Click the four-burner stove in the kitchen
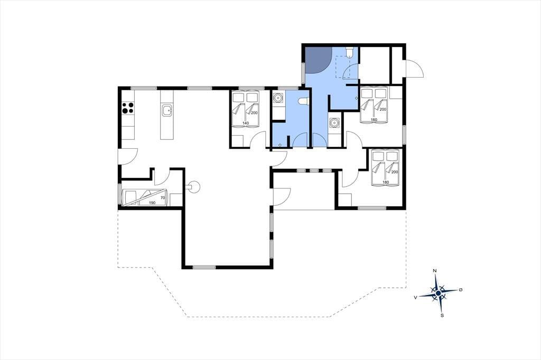(x=128, y=108)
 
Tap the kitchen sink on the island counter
(x=166, y=111)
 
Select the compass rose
(x=438, y=293)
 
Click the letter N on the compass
(x=435, y=271)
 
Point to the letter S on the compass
(x=442, y=315)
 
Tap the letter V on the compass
(x=416, y=297)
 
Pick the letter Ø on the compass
(x=461, y=290)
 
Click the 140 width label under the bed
(x=246, y=123)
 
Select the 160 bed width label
(x=374, y=120)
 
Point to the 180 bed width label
(x=386, y=182)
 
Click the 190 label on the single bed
(x=152, y=203)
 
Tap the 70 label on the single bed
(x=163, y=198)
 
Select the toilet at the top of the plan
(x=350, y=52)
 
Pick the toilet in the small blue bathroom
(x=303, y=101)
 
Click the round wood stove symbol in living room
(x=194, y=186)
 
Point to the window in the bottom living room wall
(x=204, y=267)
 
